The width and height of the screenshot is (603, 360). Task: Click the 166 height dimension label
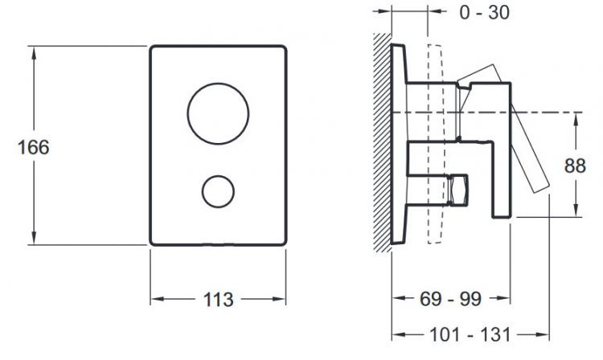34,148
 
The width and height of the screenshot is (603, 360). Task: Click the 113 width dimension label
218,300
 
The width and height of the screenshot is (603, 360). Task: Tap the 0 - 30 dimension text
485,13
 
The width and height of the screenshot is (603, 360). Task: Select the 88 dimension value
575,166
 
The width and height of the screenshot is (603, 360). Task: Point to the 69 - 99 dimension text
450,299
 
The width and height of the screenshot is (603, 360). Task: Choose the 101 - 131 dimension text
470,334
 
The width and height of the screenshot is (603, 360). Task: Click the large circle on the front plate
218,84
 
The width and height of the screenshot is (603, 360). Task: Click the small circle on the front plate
218,176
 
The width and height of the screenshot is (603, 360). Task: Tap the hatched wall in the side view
382,142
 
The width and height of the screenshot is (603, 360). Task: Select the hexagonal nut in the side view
458,190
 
